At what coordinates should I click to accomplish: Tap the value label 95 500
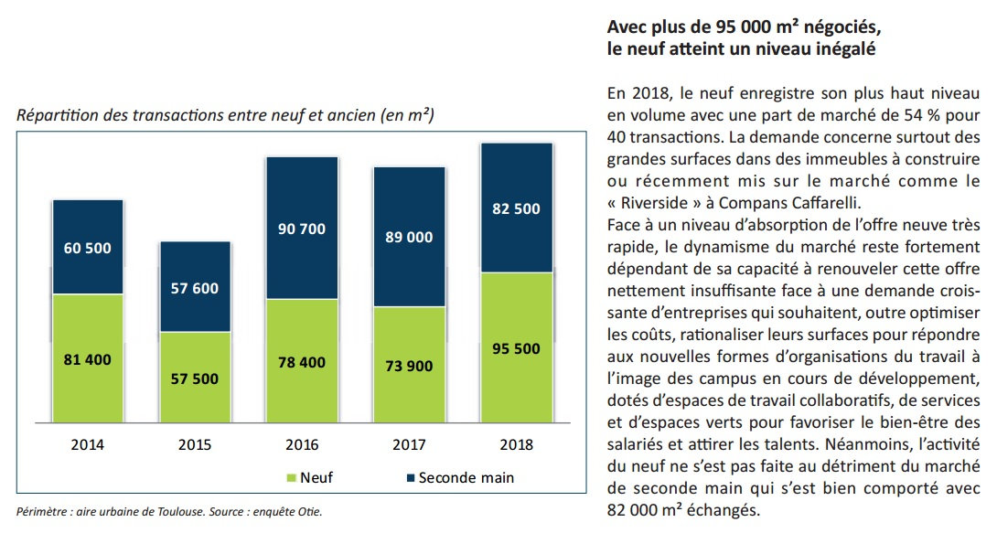[516, 348]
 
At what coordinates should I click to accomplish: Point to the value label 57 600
[195, 288]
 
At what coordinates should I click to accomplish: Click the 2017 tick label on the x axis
[409, 445]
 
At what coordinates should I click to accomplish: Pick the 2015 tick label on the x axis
[195, 445]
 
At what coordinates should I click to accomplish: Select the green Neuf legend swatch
[291, 477]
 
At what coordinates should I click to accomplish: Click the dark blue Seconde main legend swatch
[409, 477]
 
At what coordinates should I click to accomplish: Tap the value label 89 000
[409, 238]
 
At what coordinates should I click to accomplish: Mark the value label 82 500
[516, 208]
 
